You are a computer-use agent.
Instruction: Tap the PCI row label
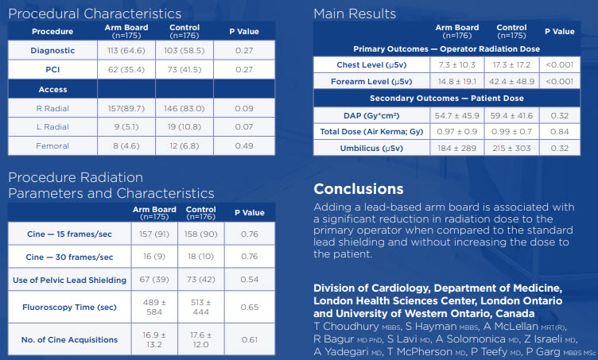52,69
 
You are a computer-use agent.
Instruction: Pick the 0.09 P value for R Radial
244,108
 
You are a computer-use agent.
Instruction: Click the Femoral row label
52,145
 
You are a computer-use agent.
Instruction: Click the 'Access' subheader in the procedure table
52,89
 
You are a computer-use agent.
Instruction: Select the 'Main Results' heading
355,14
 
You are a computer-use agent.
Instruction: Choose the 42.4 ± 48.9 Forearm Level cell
511,81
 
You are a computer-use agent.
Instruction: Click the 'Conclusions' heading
358,189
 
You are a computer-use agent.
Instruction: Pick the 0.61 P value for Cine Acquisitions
249,339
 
